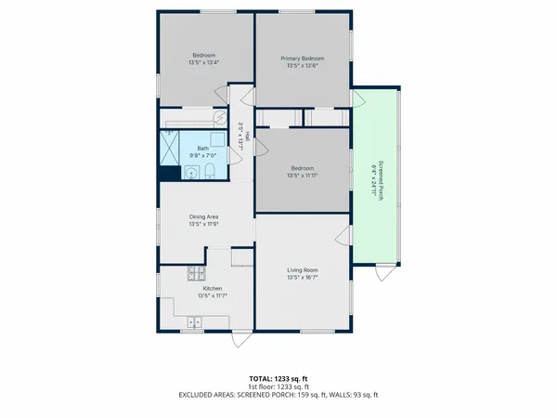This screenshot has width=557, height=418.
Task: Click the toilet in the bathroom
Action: click(x=209, y=170)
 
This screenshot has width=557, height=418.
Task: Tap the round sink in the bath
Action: click(x=190, y=171)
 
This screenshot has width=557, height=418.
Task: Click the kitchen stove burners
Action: click(x=195, y=274)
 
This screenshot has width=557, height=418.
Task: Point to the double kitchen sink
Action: click(x=196, y=321)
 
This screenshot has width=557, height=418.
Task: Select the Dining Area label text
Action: click(x=204, y=217)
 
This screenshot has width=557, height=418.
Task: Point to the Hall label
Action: click(x=246, y=135)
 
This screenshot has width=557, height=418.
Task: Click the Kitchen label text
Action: click(x=213, y=289)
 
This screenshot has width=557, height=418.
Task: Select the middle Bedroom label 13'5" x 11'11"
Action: click(x=304, y=171)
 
